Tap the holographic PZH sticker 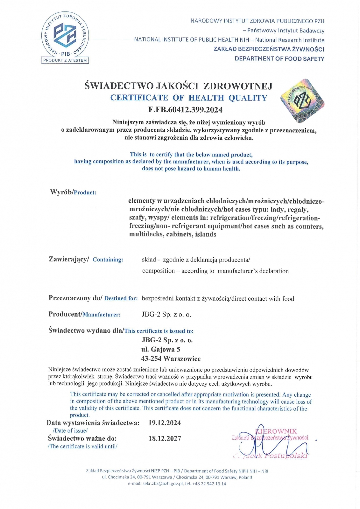point(302,101)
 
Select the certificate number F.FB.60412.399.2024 point(185,110)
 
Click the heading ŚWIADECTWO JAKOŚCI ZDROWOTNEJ point(178,86)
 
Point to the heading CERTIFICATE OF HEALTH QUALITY point(189,98)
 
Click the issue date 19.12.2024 point(165,423)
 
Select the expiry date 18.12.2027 point(165,438)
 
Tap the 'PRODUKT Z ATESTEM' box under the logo point(65,60)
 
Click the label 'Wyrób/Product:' point(73,192)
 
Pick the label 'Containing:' point(108,260)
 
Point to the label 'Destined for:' point(121,298)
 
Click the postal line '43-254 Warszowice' point(171,359)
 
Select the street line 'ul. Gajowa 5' point(161,349)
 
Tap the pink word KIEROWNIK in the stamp point(276,431)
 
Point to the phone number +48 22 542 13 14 point(209,484)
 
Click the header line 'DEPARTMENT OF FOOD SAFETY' point(279,59)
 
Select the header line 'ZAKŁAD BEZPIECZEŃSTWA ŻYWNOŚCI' point(269,49)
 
